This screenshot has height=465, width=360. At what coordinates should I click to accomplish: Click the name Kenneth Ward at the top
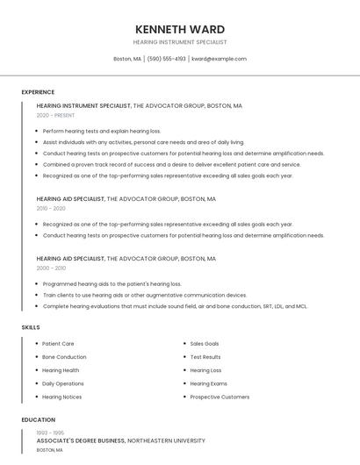180,29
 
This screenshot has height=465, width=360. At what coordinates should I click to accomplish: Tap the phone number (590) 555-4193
167,59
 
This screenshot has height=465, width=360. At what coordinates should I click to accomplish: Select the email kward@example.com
219,59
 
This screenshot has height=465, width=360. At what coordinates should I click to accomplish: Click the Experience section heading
38,92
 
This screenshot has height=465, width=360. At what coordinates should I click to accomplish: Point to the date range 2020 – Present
55,115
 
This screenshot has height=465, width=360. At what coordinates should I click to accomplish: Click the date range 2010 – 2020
51,208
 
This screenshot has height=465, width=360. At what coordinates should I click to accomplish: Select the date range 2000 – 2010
51,268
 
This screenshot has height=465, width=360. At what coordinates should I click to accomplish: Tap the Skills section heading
31,327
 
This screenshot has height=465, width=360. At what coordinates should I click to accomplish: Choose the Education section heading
39,420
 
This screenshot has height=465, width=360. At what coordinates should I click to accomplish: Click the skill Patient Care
58,344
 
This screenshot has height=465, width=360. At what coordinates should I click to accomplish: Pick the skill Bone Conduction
64,357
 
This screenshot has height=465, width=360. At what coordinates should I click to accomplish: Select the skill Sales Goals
205,344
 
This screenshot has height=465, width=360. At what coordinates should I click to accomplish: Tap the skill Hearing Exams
208,383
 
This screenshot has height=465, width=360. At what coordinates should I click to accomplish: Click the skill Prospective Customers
220,397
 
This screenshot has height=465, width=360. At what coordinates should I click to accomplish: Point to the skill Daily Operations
63,383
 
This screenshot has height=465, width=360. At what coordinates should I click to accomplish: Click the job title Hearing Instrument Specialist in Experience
83,105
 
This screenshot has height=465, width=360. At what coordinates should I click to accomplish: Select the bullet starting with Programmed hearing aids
112,284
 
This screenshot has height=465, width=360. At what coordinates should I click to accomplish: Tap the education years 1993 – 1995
49,432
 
